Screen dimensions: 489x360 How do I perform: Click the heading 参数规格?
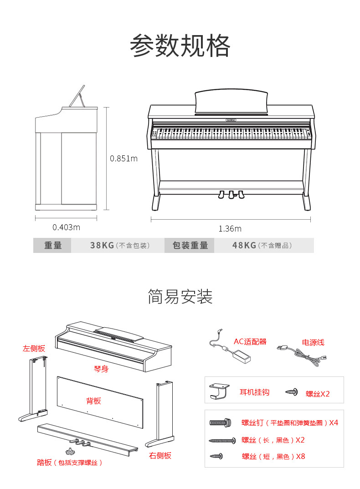[x=180, y=46]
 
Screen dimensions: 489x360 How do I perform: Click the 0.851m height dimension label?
[x=123, y=159]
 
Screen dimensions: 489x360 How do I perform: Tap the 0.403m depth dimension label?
[x=66, y=227]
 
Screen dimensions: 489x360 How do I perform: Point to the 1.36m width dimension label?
[x=230, y=228]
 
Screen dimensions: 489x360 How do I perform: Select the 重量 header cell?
[x=53, y=246]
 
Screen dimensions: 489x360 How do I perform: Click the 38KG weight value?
[x=102, y=246]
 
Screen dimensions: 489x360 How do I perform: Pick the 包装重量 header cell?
[x=190, y=246]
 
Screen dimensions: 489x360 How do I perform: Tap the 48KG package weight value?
[x=244, y=246]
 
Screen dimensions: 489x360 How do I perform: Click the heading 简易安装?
[x=180, y=297]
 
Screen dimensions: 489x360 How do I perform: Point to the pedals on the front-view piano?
[x=231, y=195]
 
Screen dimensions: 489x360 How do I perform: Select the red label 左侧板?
[x=34, y=349]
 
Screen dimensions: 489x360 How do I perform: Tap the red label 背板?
[x=93, y=401]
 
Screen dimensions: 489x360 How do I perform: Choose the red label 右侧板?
[x=160, y=455]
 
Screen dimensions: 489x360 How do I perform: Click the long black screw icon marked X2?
[x=222, y=440]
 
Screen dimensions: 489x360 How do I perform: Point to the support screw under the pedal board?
[x=70, y=452]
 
